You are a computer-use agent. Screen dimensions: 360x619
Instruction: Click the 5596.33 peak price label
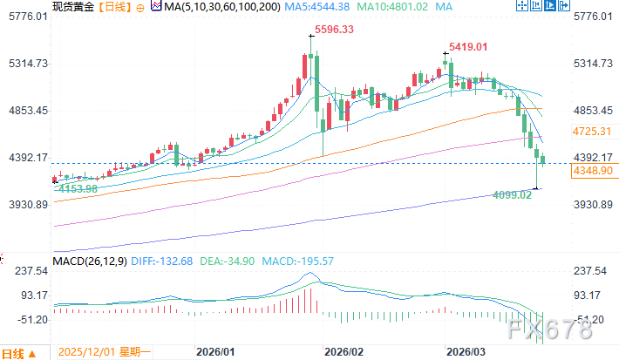335,29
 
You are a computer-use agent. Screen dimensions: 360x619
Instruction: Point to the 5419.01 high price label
467,46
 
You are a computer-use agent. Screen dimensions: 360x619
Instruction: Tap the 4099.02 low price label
513,195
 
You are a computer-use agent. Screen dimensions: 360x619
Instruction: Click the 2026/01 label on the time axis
216,352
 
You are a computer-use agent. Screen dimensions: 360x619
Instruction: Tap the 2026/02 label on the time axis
342,352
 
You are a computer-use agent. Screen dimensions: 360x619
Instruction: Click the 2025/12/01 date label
85,353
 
